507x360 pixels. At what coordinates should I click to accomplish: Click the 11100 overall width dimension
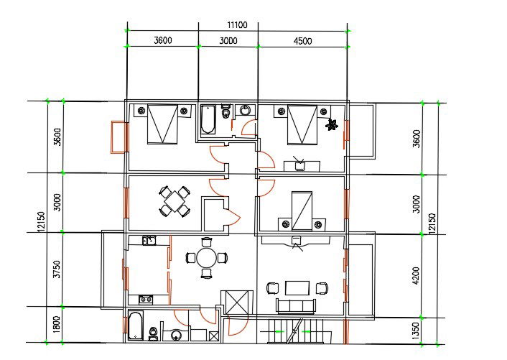click(x=237, y=25)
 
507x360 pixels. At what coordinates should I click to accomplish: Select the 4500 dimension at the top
click(x=302, y=41)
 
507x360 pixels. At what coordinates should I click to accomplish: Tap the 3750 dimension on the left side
click(x=57, y=269)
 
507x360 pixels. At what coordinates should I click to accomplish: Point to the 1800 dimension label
click(x=56, y=324)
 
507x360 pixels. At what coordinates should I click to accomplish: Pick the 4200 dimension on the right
click(x=417, y=276)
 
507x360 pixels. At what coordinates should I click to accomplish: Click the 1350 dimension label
click(x=417, y=331)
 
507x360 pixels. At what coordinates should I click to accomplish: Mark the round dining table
click(x=207, y=258)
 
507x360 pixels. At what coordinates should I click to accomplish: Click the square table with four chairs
click(x=175, y=201)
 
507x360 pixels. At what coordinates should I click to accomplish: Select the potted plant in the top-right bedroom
click(x=332, y=124)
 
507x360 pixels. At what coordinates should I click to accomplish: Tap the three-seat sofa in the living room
click(x=296, y=306)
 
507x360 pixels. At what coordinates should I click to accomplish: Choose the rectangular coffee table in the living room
click(x=297, y=288)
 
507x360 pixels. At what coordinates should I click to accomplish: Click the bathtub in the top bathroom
click(x=208, y=119)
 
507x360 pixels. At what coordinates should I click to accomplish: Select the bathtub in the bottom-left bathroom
click(x=136, y=326)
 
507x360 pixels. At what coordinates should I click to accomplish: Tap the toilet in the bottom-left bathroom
click(x=153, y=334)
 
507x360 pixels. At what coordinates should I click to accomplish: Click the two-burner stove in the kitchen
click(x=146, y=300)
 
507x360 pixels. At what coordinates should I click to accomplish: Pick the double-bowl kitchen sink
click(x=149, y=241)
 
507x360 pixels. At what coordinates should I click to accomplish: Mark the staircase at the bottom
click(x=296, y=331)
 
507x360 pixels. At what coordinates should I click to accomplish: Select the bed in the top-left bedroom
click(x=162, y=124)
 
